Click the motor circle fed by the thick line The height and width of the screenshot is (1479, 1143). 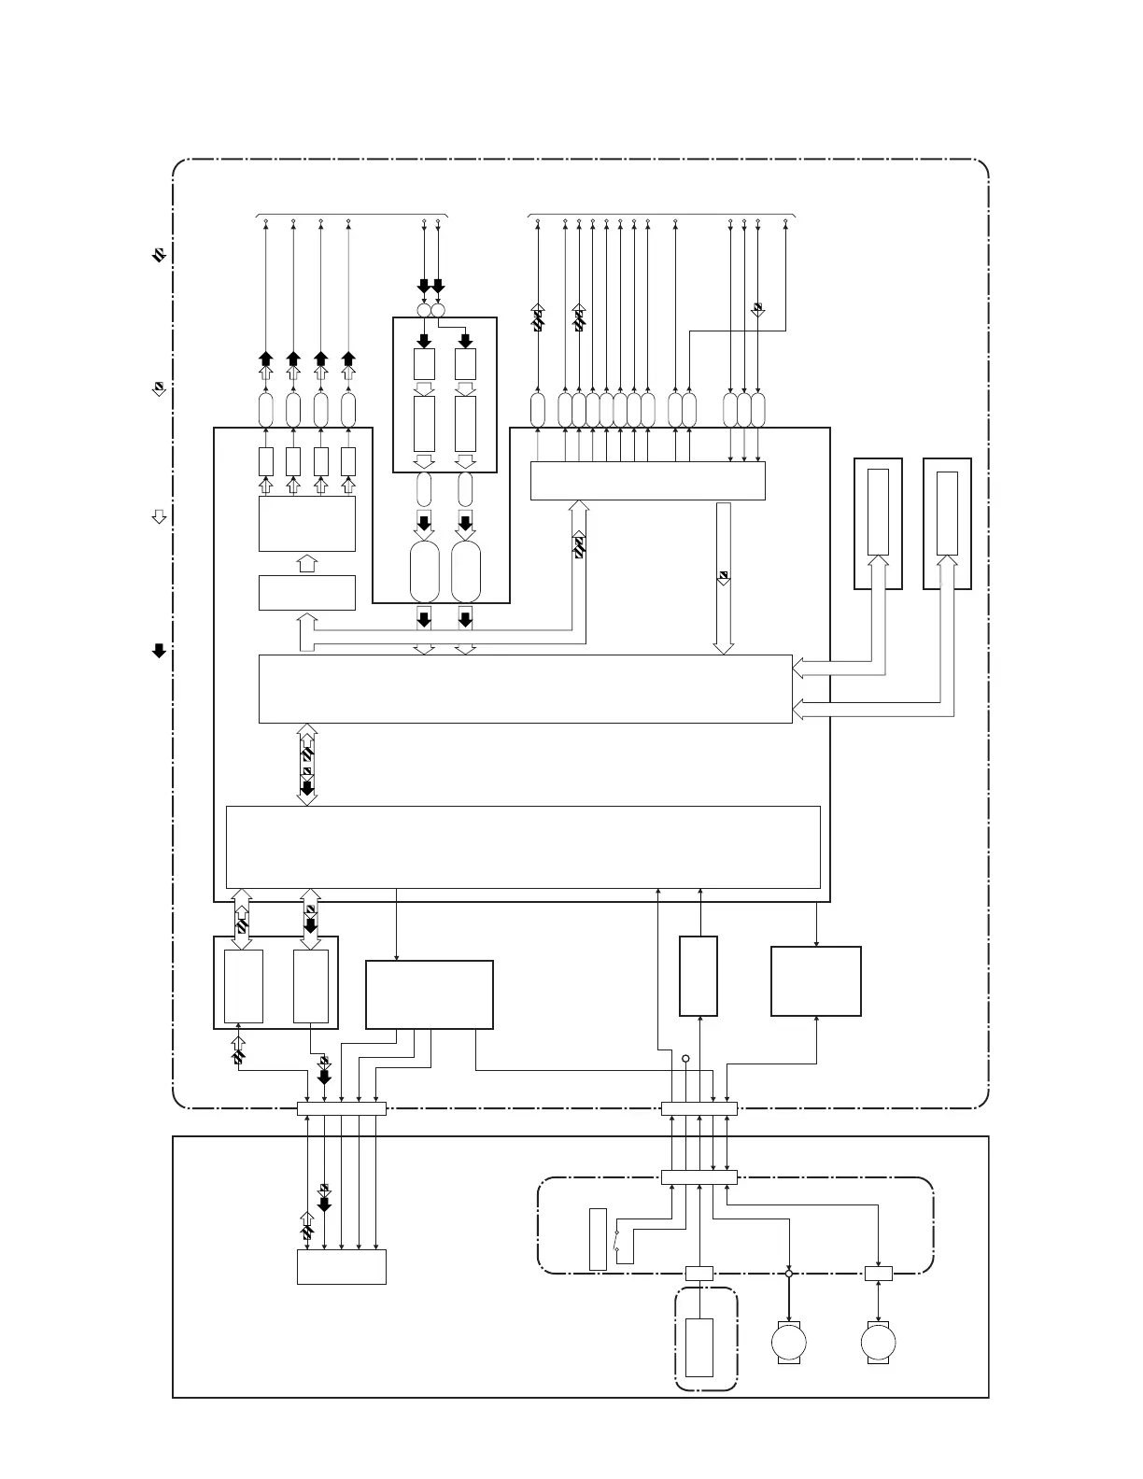click(x=789, y=1342)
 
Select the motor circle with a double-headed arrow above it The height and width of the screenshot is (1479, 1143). click(x=878, y=1342)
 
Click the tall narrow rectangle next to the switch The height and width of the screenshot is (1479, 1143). click(x=598, y=1239)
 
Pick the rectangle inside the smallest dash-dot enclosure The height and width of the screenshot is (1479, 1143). click(x=699, y=1346)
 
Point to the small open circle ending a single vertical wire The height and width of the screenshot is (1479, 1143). click(x=685, y=1059)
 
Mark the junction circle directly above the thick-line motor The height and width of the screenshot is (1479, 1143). click(x=789, y=1274)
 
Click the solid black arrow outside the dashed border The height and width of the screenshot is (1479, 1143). click(x=159, y=651)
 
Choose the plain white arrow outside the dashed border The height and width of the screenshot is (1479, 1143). click(x=159, y=516)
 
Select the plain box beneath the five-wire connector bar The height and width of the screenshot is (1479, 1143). click(x=341, y=1267)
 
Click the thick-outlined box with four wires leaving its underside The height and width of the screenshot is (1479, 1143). click(x=429, y=994)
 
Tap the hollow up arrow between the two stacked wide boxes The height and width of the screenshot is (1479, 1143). click(x=305, y=563)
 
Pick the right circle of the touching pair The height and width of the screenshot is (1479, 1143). click(x=438, y=310)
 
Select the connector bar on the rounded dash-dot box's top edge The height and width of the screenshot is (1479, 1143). click(x=698, y=1177)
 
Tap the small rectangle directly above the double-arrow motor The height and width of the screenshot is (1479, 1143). click(x=878, y=1273)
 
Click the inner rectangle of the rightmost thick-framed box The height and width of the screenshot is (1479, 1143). click(x=947, y=514)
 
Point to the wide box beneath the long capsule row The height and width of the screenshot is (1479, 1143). click(x=647, y=481)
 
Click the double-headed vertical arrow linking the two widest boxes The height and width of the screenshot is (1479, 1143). click(x=306, y=764)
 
